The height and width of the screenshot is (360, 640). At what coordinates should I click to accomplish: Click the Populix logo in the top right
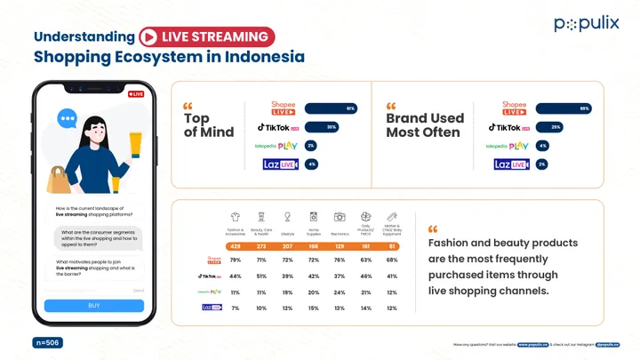click(x=586, y=24)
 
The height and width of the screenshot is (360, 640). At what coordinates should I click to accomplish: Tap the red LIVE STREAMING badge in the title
click(x=206, y=36)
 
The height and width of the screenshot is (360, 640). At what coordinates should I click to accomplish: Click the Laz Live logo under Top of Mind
click(x=279, y=164)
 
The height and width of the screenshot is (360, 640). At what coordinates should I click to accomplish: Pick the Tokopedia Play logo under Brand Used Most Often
click(x=508, y=146)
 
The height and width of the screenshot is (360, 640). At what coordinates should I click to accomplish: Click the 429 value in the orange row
click(x=236, y=245)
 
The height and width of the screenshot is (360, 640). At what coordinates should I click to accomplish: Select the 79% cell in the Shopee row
click(x=236, y=260)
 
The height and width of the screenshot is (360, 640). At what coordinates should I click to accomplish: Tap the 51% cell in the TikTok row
click(x=261, y=276)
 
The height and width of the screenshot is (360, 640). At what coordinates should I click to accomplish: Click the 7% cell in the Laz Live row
click(x=236, y=308)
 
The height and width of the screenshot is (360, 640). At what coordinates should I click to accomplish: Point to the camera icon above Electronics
click(x=340, y=217)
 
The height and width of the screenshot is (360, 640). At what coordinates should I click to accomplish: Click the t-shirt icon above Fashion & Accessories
click(x=236, y=217)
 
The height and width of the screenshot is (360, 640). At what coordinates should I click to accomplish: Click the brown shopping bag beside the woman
click(x=59, y=180)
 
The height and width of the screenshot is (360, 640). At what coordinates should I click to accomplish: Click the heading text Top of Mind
click(x=209, y=125)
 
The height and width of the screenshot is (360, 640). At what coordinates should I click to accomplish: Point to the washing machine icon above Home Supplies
click(x=314, y=217)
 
